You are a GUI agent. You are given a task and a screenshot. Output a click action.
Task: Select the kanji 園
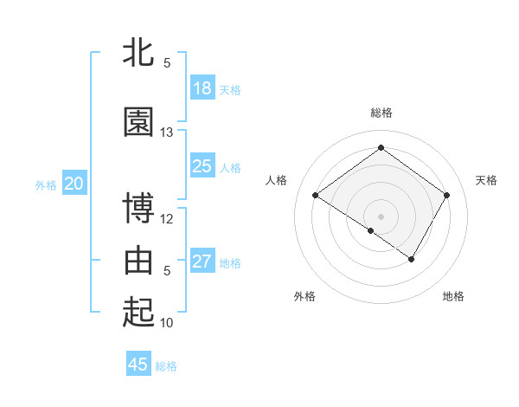click(139, 122)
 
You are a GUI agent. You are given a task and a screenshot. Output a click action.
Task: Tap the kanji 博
click(139, 209)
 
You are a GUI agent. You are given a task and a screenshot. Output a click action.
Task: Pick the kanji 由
click(139, 260)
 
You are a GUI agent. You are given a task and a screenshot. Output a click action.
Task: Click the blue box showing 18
click(202, 88)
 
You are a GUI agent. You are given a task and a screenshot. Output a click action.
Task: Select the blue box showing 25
click(202, 166)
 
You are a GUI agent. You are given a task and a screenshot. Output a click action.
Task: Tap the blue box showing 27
click(202, 262)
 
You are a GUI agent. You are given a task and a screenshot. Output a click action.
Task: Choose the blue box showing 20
click(74, 184)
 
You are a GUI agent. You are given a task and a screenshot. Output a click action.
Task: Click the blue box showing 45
click(138, 365)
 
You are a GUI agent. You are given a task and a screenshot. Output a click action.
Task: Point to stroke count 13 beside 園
click(167, 132)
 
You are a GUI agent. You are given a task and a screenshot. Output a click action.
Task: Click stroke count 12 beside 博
click(167, 218)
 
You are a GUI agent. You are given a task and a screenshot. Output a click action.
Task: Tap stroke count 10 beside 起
click(167, 322)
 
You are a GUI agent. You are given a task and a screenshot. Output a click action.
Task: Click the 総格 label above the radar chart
click(381, 113)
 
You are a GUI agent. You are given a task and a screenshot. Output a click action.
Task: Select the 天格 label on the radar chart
click(486, 180)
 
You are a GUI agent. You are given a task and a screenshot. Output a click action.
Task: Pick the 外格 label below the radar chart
click(304, 296)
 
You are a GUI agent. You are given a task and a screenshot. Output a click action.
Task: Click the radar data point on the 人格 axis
click(316, 196)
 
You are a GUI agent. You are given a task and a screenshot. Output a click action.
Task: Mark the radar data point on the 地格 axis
click(412, 259)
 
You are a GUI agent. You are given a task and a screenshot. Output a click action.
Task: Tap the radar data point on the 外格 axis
click(370, 230)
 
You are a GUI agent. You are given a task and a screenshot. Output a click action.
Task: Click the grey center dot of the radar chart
click(381, 216)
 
